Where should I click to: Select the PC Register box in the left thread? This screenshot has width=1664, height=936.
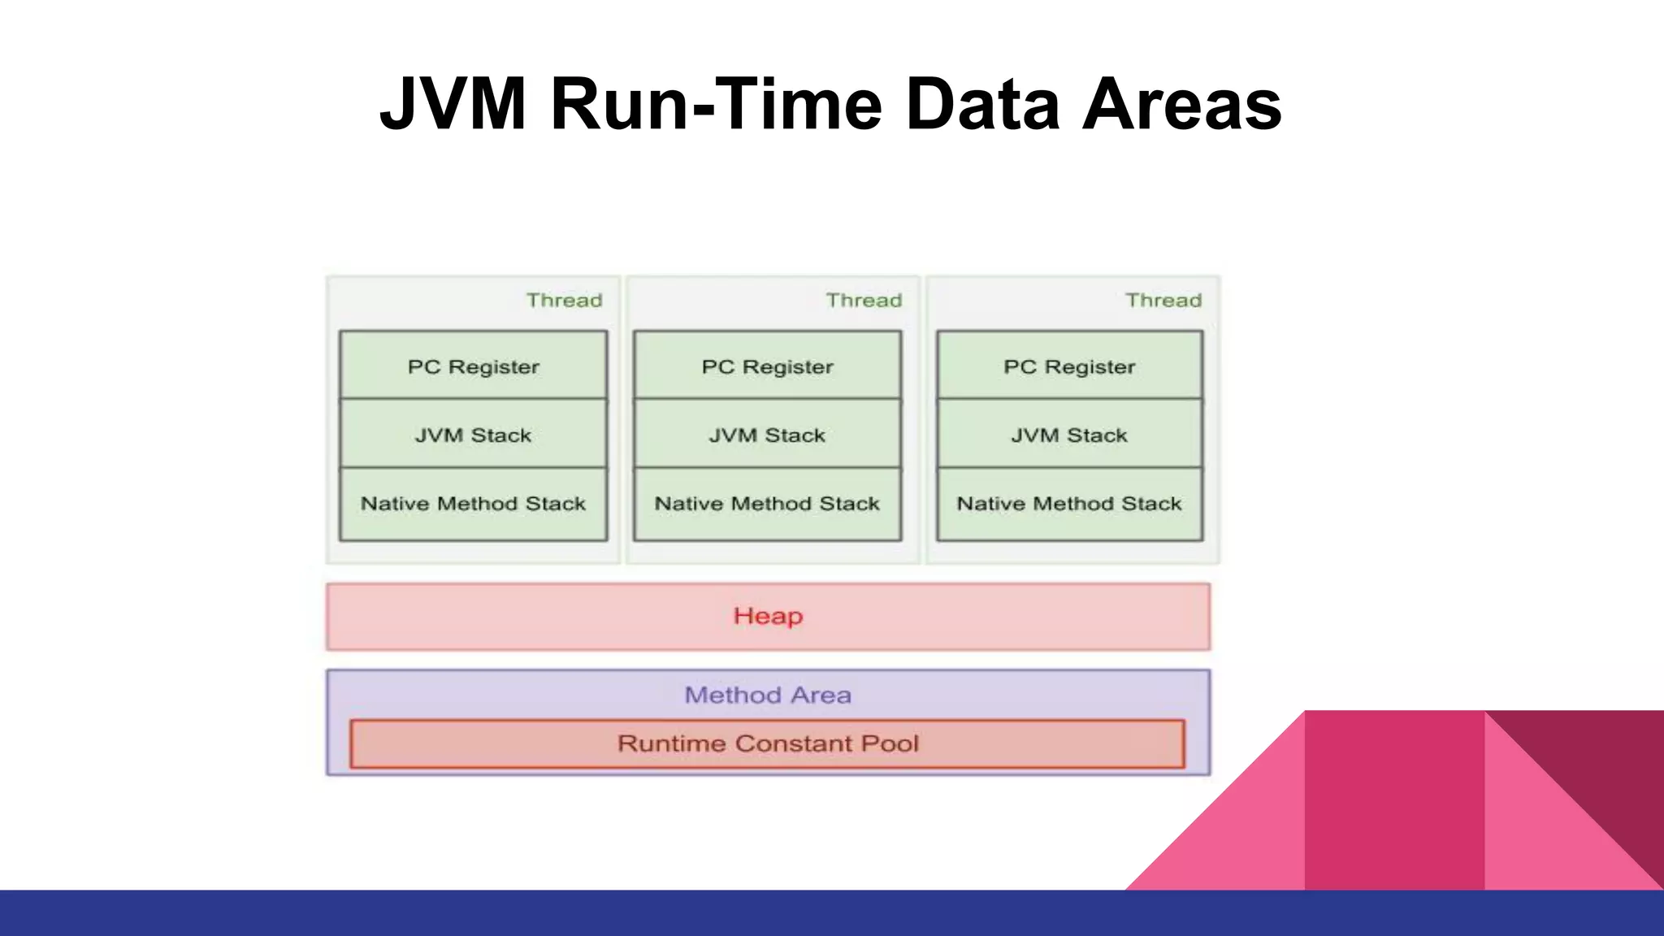[473, 366]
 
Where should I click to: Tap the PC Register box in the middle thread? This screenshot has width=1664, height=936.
[767, 366]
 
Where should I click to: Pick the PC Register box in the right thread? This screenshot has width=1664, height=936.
[1069, 366]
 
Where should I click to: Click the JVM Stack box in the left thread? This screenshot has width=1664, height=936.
[473, 435]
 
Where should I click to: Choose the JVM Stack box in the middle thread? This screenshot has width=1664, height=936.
[767, 435]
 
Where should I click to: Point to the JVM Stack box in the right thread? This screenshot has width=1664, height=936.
[1069, 435]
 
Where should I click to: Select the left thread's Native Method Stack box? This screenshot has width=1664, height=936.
[473, 504]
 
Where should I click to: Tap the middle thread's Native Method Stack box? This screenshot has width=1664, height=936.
[767, 504]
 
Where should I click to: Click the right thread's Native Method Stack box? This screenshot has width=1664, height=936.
[1069, 504]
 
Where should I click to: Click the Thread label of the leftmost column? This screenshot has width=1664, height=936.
[564, 301]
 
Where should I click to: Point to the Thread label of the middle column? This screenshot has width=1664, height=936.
[864, 301]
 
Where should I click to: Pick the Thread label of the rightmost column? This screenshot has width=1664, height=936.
[1163, 301]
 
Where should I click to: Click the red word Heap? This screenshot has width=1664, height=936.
[768, 616]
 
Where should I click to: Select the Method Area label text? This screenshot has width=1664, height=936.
[768, 695]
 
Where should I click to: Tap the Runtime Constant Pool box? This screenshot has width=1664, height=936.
[768, 743]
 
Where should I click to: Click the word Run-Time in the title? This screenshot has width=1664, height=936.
[716, 104]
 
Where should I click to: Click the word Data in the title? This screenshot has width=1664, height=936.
[982, 104]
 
